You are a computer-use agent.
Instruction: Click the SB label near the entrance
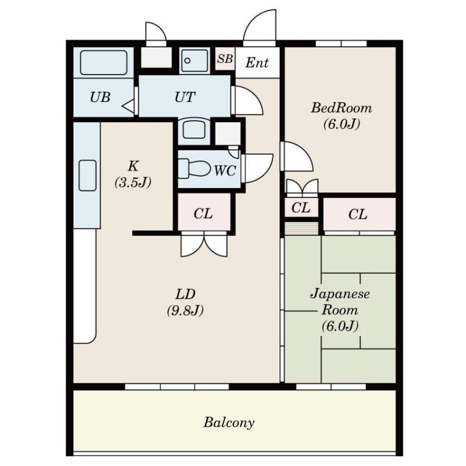click(225, 59)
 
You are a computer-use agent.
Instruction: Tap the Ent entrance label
click(257, 63)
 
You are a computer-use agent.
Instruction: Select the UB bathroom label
click(100, 97)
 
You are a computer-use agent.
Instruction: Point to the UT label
click(185, 97)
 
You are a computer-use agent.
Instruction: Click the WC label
click(225, 171)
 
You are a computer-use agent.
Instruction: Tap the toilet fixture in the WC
click(194, 168)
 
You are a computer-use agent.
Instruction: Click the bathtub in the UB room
click(104, 62)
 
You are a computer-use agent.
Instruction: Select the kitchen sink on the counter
click(87, 175)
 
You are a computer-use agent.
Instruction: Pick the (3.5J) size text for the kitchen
click(133, 182)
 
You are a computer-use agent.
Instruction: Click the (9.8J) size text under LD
click(185, 310)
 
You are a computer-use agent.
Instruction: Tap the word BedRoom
click(341, 108)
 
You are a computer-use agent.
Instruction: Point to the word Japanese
click(340, 294)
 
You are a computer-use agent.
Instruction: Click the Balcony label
click(229, 422)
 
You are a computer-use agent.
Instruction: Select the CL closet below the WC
click(203, 214)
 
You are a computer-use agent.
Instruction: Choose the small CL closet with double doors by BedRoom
click(301, 208)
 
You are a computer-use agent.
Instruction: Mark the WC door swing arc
click(264, 171)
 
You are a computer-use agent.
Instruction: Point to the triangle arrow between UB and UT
click(128, 106)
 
